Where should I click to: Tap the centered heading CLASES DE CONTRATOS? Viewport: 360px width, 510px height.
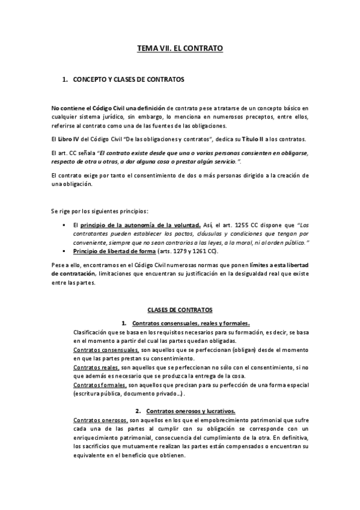click(180, 310)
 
